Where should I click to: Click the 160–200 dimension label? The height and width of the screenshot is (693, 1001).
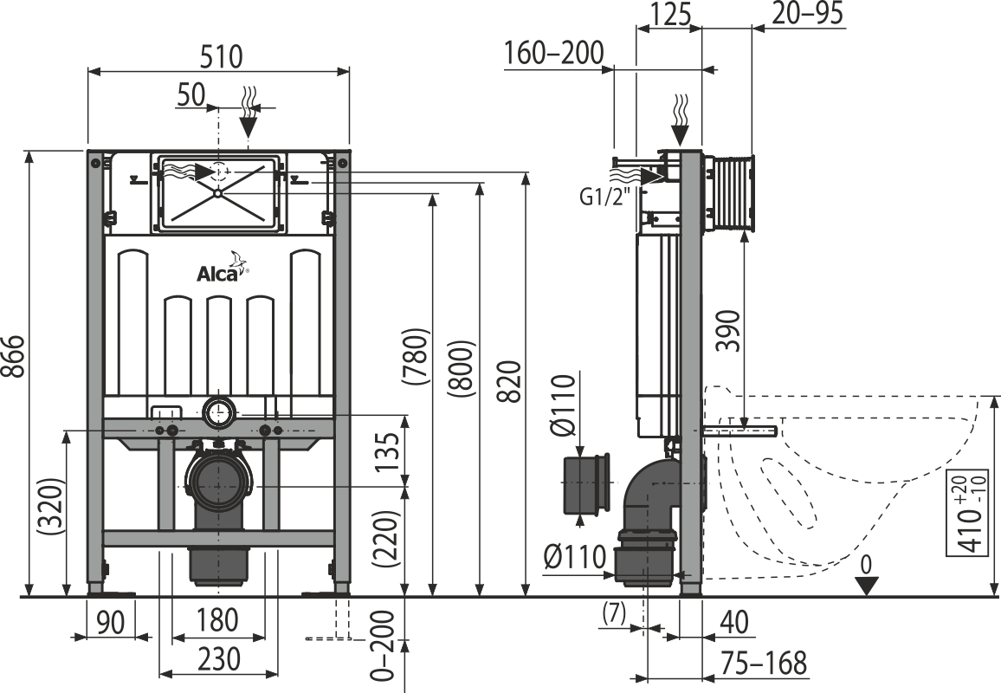(553, 54)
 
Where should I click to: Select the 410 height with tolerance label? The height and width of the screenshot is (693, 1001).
(978, 514)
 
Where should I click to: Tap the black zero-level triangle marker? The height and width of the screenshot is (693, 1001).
(867, 586)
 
